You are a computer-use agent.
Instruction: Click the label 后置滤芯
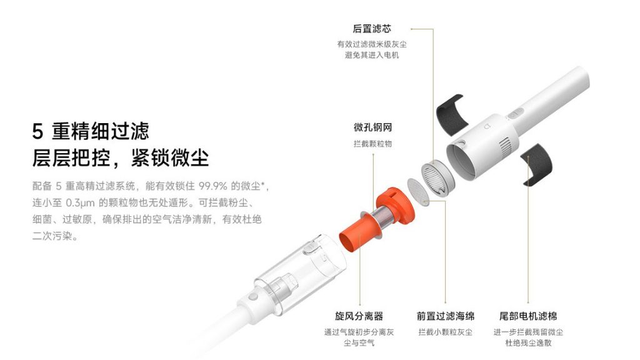(x=372, y=29)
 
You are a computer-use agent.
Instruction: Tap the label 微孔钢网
(x=372, y=127)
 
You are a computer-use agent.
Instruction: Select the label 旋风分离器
(x=359, y=316)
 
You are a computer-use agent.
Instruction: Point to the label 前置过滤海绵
(x=445, y=316)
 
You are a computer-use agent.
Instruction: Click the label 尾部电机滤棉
(x=528, y=316)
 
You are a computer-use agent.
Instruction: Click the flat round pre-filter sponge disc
(x=419, y=191)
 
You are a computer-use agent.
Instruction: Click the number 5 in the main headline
(x=37, y=132)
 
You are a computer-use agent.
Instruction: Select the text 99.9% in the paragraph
(x=212, y=186)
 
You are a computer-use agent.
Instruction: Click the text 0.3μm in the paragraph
(x=80, y=203)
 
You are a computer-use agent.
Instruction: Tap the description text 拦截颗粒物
(x=372, y=144)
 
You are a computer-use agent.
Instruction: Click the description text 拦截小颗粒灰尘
(x=445, y=332)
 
